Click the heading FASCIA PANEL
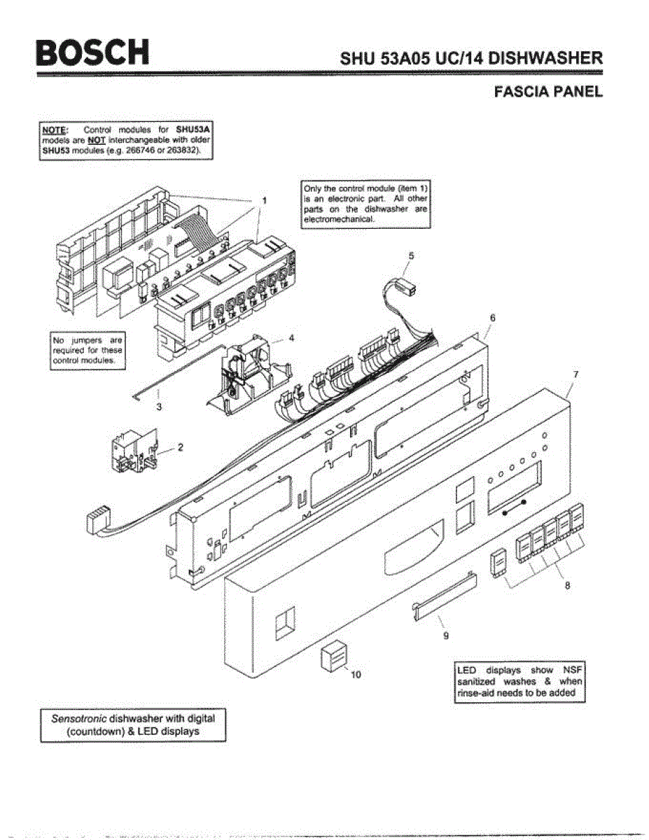[x=547, y=92]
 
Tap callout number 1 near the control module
[x=264, y=200]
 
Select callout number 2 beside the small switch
[x=180, y=448]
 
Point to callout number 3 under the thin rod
[x=160, y=407]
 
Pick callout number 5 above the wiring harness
[x=412, y=256]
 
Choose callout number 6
[x=492, y=318]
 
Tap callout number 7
[x=575, y=374]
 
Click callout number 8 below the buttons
[x=567, y=586]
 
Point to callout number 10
[x=356, y=675]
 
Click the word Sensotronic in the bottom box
[x=77, y=719]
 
